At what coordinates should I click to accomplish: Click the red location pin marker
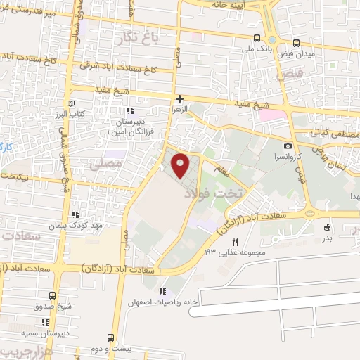click(x=181, y=165)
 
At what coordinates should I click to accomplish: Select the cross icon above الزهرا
click(x=180, y=99)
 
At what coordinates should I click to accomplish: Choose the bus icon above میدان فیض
click(x=296, y=43)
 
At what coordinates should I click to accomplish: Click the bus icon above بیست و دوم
click(x=110, y=337)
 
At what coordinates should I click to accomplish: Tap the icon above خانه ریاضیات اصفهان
click(x=163, y=292)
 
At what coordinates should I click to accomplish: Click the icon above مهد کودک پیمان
click(x=74, y=215)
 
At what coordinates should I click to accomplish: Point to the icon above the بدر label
click(x=328, y=227)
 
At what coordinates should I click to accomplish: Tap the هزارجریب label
click(x=17, y=352)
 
